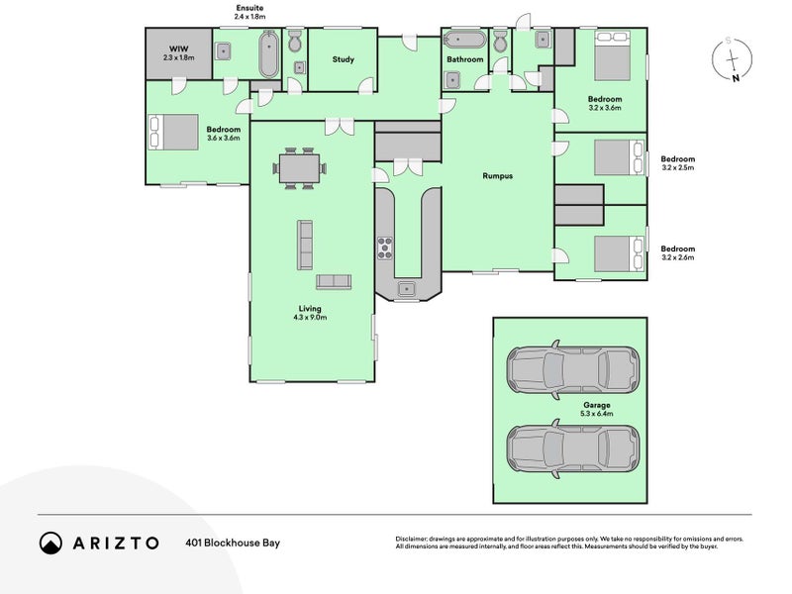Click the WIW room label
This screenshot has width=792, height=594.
[179, 52]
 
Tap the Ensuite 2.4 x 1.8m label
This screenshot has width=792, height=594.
[250, 13]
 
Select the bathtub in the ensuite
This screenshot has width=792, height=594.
[268, 55]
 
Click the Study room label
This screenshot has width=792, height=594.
[343, 59]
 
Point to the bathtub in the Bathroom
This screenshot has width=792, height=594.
[463, 41]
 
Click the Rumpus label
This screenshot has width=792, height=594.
[496, 175]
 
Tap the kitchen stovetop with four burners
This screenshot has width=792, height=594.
[384, 247]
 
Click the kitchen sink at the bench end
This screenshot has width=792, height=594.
[407, 288]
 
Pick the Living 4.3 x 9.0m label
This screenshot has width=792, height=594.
[310, 313]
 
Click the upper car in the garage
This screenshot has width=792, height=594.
[569, 369]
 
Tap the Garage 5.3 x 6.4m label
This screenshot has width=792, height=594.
[596, 410]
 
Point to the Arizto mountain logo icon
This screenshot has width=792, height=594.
[50, 543]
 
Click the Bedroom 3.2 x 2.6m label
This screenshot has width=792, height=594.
[677, 252]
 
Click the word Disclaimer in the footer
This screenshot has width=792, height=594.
[415, 538]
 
